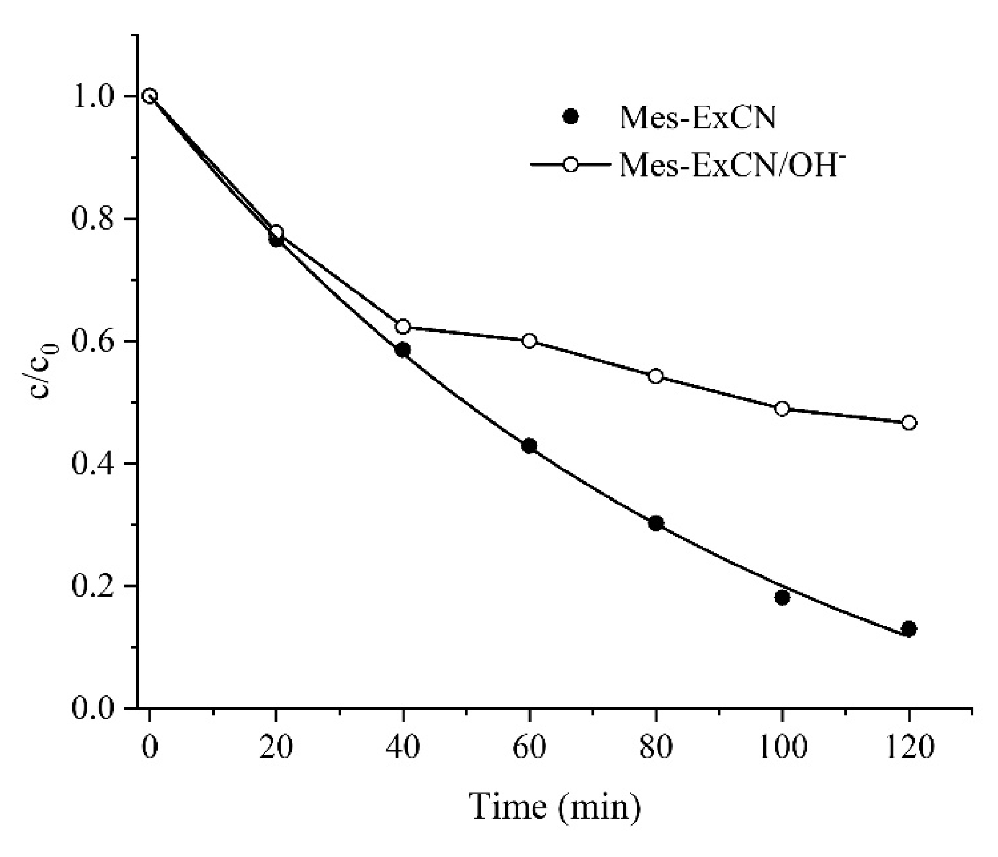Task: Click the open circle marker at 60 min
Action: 529,341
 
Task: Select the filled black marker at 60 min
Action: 529,446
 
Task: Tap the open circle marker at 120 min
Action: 909,423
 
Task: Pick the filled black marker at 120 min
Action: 909,628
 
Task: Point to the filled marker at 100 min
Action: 782,598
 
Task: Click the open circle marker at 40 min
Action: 403,327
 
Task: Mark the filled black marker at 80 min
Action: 656,523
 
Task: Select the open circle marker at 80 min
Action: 656,376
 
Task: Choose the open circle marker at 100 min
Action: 782,409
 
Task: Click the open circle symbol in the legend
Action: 571,165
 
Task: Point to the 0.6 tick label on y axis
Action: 95,341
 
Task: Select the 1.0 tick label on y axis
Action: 95,97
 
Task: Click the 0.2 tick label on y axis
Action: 95,586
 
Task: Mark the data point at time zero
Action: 150,96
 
